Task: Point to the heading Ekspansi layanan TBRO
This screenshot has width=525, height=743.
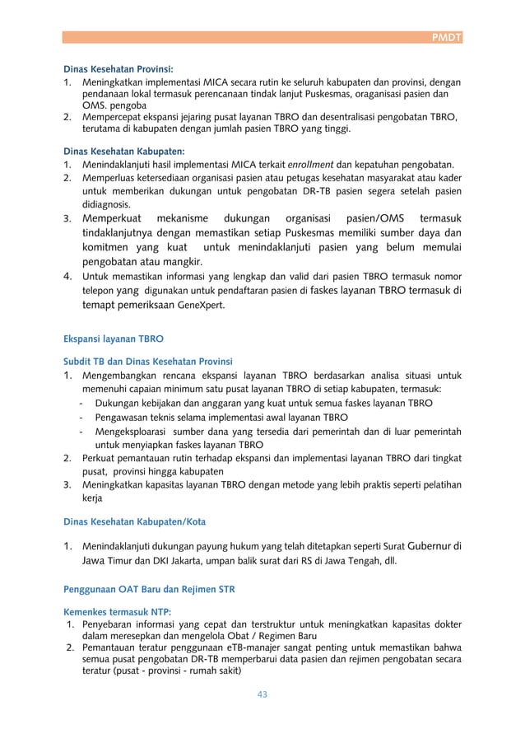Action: [x=115, y=338]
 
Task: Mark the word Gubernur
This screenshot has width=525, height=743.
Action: [x=425, y=544]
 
